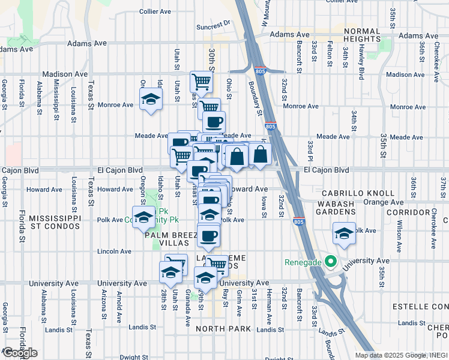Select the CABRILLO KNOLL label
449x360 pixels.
(x=358, y=193)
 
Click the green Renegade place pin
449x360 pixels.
(x=329, y=262)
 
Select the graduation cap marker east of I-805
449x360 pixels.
(x=344, y=233)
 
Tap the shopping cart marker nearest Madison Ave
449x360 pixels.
(x=202, y=81)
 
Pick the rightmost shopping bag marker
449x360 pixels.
(x=261, y=155)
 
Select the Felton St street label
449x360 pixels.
(x=330, y=53)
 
